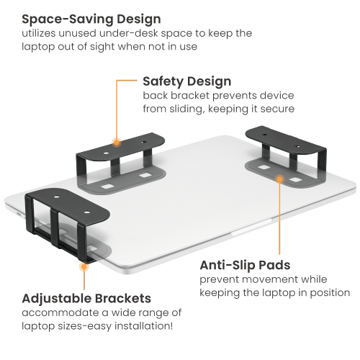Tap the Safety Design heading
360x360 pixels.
(x=186, y=81)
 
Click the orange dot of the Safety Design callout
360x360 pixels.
(x=116, y=141)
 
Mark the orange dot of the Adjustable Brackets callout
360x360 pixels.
(x=84, y=266)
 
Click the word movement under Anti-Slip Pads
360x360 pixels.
(x=264, y=279)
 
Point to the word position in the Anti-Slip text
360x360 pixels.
(x=330, y=293)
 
